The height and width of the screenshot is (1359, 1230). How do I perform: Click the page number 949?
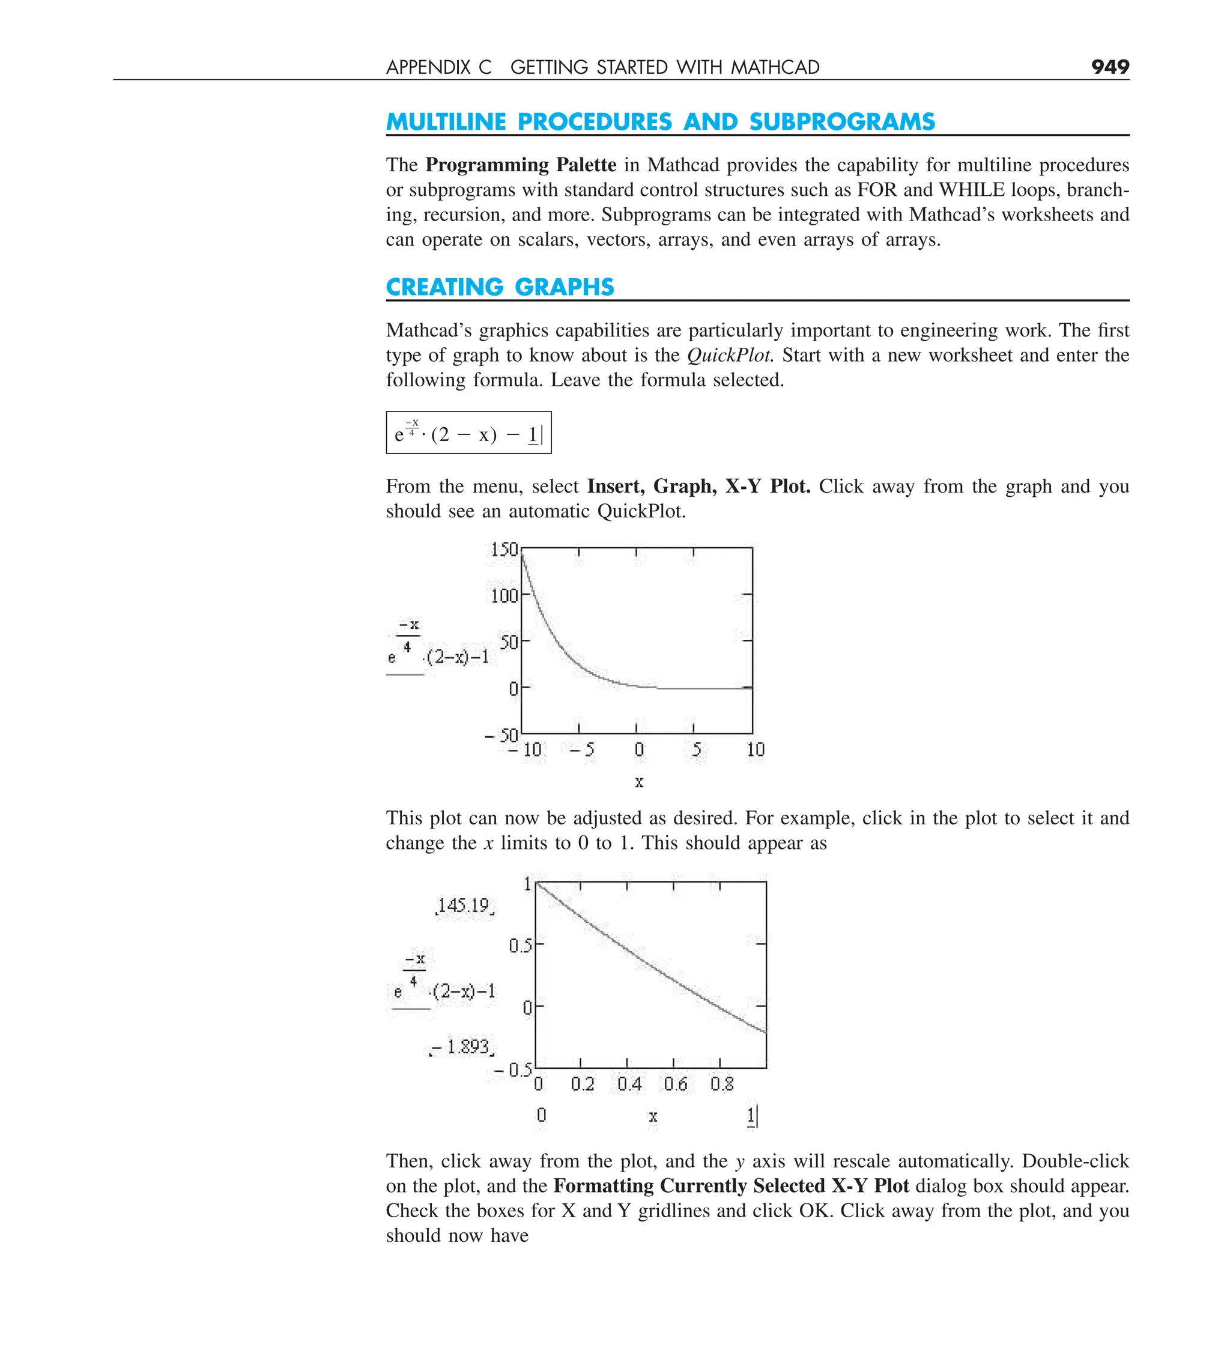point(1109,67)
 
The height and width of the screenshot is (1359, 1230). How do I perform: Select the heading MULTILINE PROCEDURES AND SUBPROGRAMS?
point(660,121)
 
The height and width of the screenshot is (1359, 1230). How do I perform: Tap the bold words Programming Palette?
point(520,165)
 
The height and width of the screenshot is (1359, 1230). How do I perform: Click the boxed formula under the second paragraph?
point(468,433)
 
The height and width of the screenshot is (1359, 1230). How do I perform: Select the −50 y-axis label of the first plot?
point(501,735)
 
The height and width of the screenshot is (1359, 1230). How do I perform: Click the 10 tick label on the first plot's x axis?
point(756,750)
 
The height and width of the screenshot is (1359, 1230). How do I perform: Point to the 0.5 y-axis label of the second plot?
point(520,945)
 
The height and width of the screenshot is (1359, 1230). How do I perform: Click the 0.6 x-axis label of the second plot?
point(675,1084)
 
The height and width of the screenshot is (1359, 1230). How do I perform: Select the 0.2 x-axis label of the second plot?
point(583,1084)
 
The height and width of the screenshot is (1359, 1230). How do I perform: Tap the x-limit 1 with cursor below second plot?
point(751,1116)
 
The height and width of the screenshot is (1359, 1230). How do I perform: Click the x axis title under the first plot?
point(639,782)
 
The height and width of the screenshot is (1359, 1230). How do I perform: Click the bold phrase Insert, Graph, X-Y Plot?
point(698,486)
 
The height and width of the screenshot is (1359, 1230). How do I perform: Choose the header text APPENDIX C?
point(438,67)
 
